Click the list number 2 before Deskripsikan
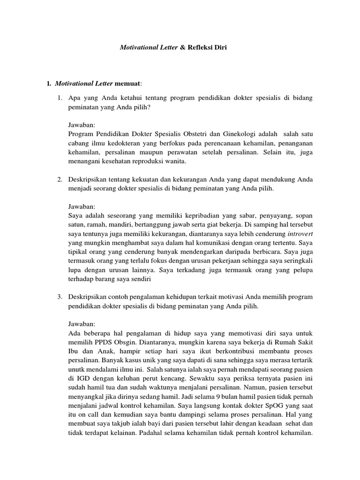tap(60, 180)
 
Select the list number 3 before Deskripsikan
tap(60, 298)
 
